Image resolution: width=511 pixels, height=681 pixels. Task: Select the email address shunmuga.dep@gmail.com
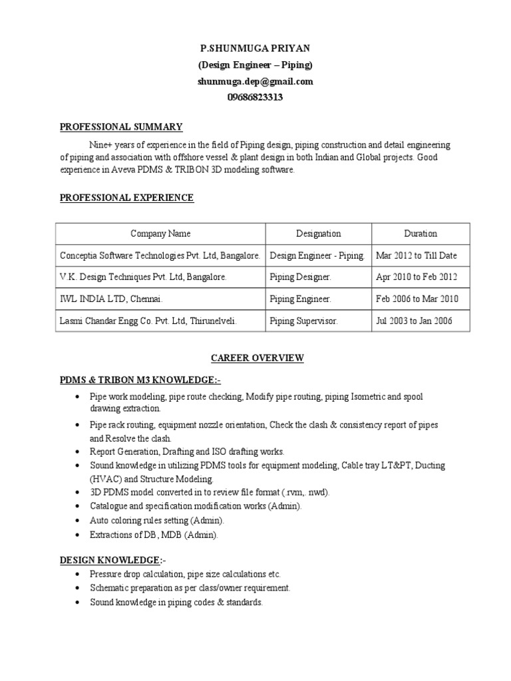[255, 81]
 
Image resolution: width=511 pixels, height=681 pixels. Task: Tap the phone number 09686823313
[255, 97]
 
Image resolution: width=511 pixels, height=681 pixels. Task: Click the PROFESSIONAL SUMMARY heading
[121, 127]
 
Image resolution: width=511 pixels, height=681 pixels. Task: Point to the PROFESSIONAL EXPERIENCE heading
[127, 198]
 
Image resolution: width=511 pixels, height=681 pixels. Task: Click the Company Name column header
[160, 233]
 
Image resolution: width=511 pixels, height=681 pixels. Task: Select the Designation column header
[318, 233]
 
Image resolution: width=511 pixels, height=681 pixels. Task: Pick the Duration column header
[421, 233]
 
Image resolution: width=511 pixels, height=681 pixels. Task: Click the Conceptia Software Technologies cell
[160, 255]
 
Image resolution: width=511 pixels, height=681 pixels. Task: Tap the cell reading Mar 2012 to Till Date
[417, 255]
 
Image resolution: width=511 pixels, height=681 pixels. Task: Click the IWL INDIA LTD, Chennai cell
[111, 299]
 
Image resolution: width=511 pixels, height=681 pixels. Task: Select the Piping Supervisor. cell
[304, 321]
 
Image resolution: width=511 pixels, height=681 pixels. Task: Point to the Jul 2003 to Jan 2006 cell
[414, 321]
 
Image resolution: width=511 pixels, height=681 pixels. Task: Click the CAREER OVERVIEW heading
[257, 358]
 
